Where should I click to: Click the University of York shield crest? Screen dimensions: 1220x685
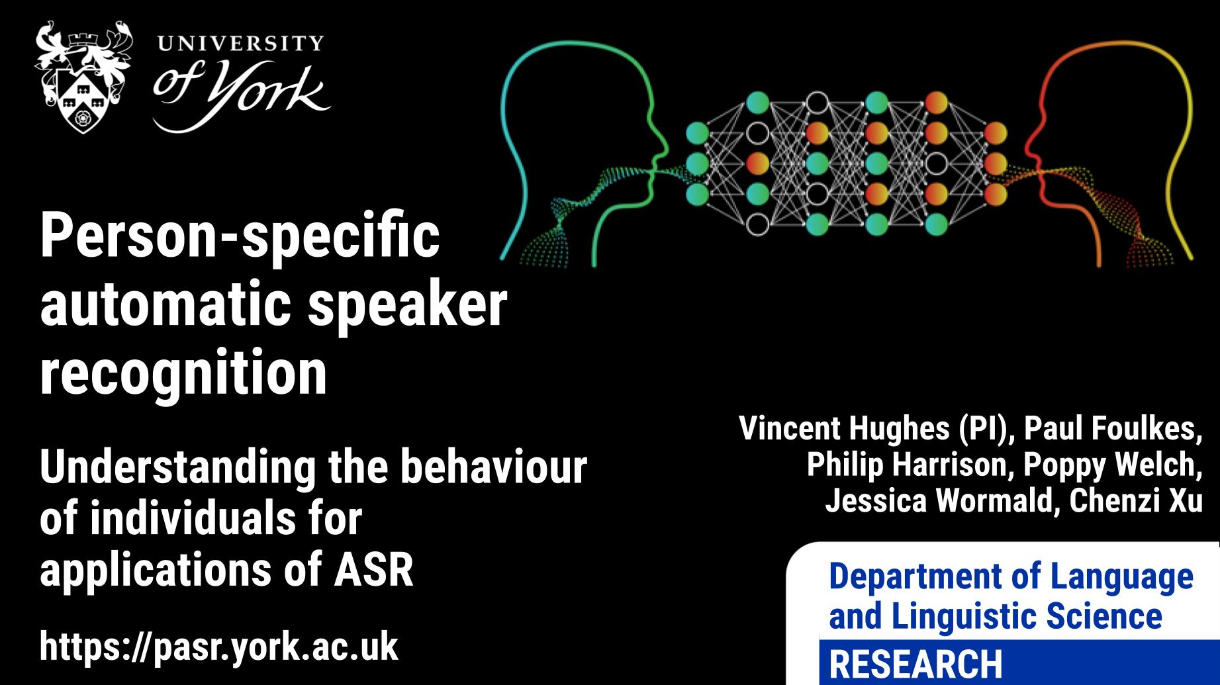(83, 77)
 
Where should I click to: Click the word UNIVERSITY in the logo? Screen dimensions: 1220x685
(239, 44)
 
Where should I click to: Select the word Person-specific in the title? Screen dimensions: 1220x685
(240, 236)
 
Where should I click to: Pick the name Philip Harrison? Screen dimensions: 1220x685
(906, 465)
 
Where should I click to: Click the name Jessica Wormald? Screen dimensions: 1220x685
(939, 500)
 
